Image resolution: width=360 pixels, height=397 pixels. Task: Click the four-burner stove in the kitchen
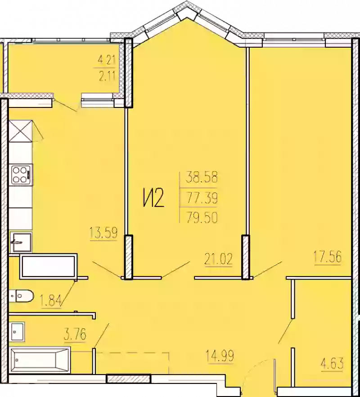click(x=21, y=174)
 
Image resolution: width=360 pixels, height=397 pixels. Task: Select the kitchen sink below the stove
click(x=21, y=242)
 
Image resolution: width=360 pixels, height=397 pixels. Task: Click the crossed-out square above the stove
click(x=21, y=131)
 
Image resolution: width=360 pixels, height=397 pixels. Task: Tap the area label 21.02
click(x=218, y=259)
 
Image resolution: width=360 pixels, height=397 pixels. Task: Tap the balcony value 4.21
click(x=107, y=59)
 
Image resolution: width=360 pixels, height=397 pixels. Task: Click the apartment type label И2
click(x=153, y=198)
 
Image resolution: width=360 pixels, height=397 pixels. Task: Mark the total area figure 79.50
click(x=202, y=218)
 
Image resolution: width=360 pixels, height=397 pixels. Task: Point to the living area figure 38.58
click(x=202, y=177)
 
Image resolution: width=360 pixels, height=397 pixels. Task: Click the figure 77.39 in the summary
click(x=202, y=197)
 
